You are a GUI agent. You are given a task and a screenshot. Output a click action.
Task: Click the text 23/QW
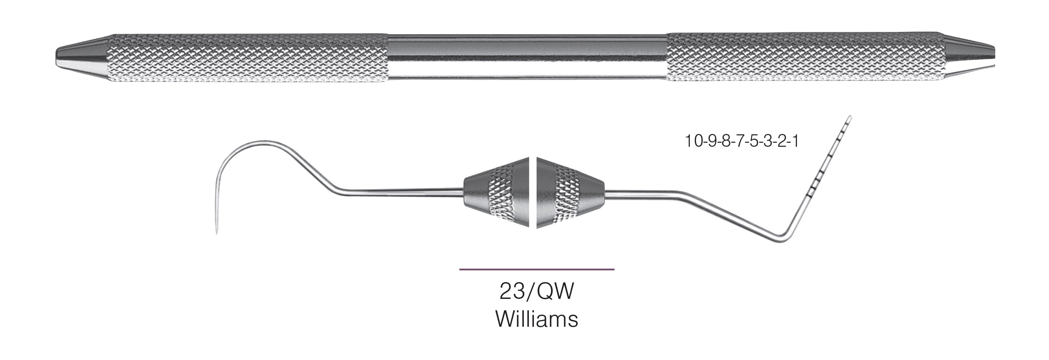536,291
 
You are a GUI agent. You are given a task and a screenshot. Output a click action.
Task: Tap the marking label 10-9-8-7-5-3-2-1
741,141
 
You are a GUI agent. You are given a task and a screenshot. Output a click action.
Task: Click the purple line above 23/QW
536,269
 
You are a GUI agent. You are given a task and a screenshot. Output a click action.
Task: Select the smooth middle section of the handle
527,57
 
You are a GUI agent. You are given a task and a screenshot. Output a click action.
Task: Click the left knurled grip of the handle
248,57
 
